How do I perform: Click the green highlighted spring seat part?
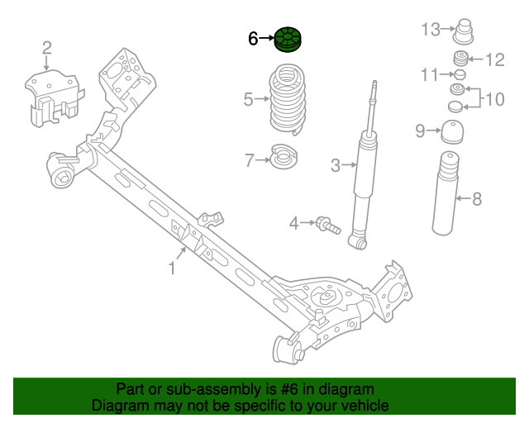[x=289, y=40]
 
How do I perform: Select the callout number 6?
[x=254, y=38]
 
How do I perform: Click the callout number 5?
[x=248, y=100]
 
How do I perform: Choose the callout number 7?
[x=249, y=160]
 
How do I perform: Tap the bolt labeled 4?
[x=326, y=223]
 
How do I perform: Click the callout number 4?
[x=293, y=222]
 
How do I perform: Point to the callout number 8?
[x=476, y=198]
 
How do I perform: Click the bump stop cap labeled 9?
[x=452, y=133]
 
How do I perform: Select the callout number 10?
[x=493, y=100]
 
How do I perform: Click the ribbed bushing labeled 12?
[x=460, y=59]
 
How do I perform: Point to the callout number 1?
[x=173, y=269]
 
